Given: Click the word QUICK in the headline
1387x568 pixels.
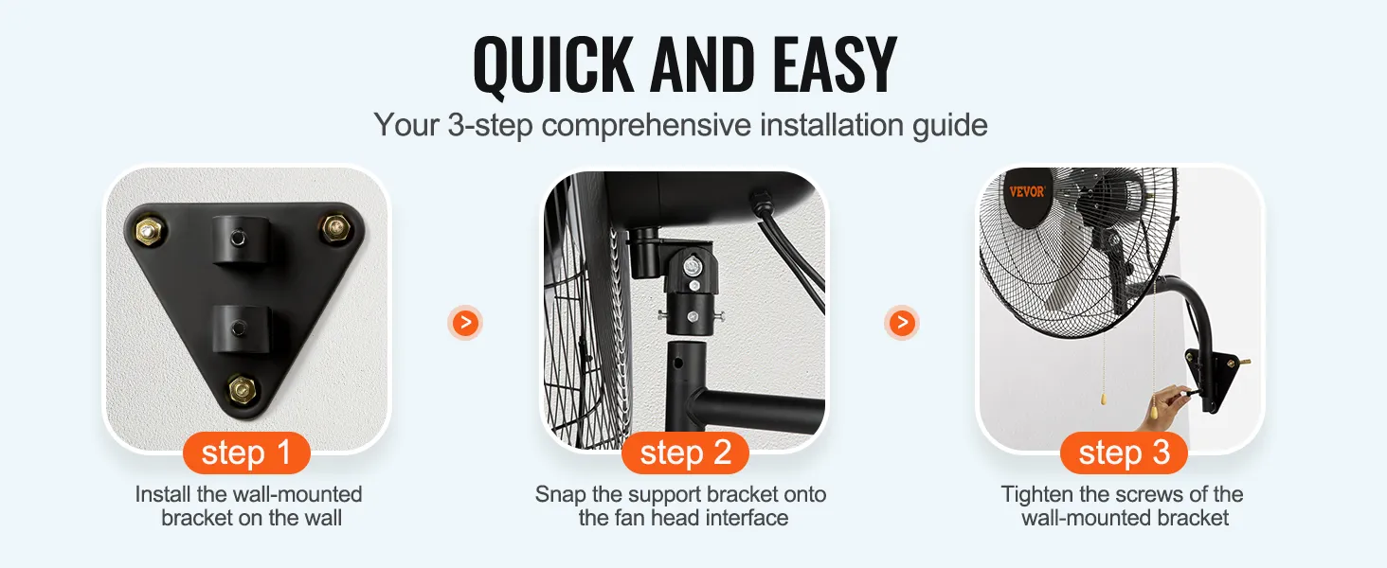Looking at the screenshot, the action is click(x=553, y=65).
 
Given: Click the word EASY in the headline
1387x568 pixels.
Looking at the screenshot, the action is click(x=835, y=64).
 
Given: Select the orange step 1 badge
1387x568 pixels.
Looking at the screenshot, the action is click(x=246, y=453).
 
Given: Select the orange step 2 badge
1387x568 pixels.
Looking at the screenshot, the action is click(x=686, y=453).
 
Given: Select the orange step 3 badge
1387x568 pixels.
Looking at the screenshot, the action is click(x=1124, y=453).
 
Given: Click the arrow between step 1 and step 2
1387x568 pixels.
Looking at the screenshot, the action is click(x=465, y=323).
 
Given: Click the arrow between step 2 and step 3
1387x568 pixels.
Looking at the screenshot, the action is click(x=902, y=323).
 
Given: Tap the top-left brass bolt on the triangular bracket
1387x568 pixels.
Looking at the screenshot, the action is click(x=149, y=231).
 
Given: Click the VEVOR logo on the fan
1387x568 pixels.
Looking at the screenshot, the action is click(x=1027, y=192).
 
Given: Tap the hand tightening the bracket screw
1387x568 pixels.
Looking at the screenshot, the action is click(x=1165, y=406).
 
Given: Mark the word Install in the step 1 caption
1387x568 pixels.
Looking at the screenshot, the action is click(x=162, y=494).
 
